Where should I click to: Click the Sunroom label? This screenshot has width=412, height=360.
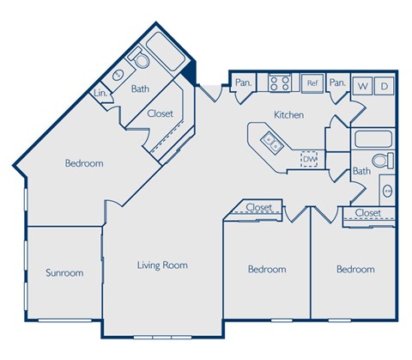coord(64,273)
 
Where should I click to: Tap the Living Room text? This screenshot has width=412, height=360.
coord(162,265)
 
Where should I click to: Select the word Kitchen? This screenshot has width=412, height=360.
coord(289,114)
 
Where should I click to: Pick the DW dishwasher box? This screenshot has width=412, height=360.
coord(309,159)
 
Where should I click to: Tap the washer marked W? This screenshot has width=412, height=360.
coord(362,86)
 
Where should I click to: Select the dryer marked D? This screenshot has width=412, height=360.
coord(385,86)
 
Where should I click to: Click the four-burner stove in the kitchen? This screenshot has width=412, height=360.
coord(280,83)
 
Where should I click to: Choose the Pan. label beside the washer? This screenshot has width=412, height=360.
coord(337,83)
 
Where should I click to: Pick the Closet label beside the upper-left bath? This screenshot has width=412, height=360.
coord(161,113)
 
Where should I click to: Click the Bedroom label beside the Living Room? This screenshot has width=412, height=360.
coord(266,269)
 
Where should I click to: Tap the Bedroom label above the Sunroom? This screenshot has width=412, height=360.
coord(84,163)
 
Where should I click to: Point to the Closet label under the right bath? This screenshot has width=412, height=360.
coord(367,212)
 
